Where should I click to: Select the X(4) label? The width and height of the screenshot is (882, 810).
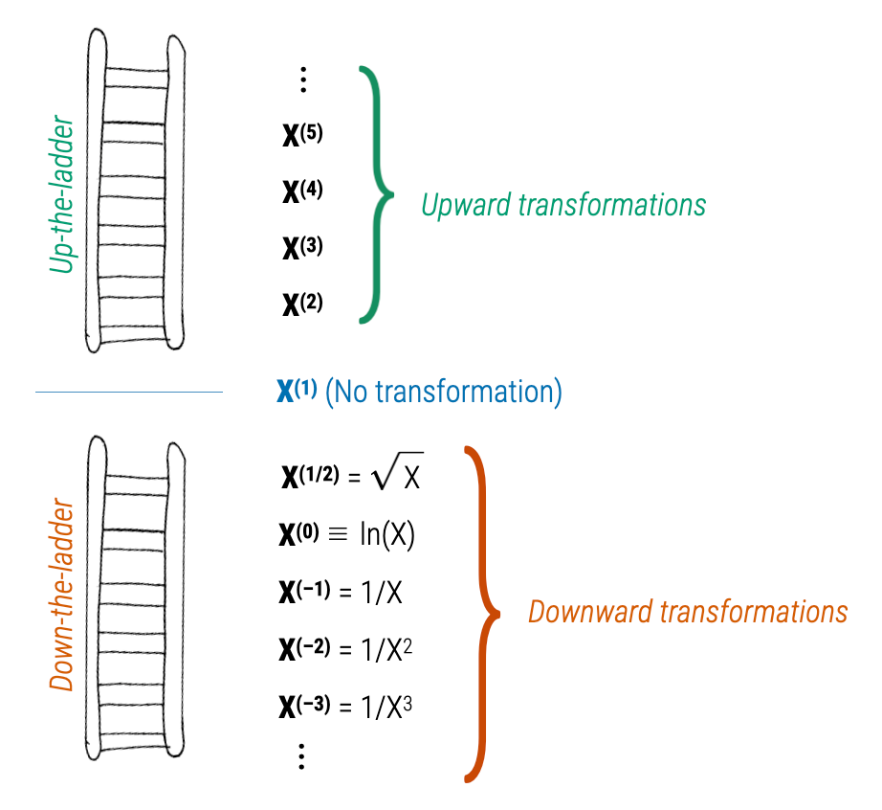[302, 191]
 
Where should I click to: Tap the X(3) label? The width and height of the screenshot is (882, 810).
[302, 248]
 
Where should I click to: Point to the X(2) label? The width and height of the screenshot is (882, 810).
[302, 304]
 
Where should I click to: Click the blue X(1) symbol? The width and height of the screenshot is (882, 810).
[297, 392]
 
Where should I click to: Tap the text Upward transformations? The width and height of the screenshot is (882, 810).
[563, 204]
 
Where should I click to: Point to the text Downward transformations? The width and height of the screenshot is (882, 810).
[688, 612]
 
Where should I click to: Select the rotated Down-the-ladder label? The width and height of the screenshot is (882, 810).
[62, 594]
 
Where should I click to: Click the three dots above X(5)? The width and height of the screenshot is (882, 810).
[302, 79]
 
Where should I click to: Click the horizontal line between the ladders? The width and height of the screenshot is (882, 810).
[128, 392]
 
